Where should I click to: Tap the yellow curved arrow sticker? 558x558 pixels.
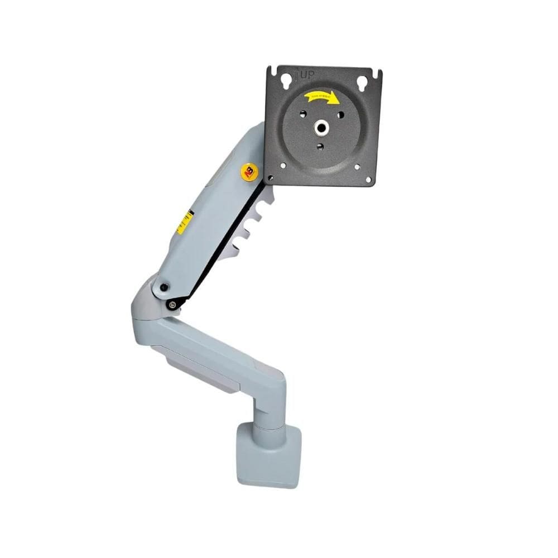tap(322, 98)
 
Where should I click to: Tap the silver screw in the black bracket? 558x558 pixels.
tap(172, 304)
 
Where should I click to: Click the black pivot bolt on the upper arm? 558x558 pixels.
tap(163, 287)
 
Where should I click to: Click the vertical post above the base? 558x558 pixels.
tap(268, 410)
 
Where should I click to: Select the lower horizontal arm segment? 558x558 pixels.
tap(218, 349)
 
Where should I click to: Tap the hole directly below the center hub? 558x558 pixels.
tap(319, 147)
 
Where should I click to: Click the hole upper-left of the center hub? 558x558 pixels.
tap(302, 114)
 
